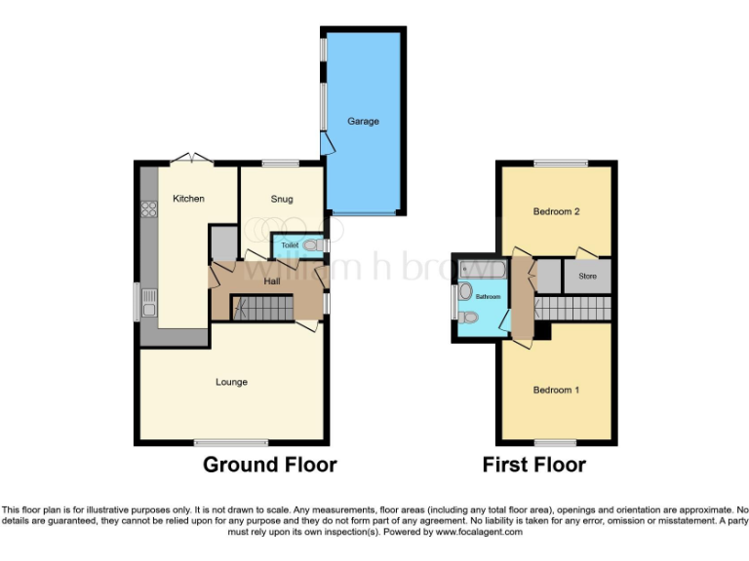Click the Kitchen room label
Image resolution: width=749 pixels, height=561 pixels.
[188, 199]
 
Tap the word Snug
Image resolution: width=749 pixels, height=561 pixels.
[281, 199]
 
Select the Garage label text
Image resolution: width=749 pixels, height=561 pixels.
[363, 122]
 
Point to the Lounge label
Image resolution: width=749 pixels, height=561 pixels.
[231, 382]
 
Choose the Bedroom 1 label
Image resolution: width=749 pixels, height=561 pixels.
[556, 391]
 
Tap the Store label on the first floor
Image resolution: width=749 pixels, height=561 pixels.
[587, 277]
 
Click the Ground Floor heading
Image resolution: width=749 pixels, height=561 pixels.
[269, 465]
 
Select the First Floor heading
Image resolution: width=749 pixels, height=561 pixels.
[533, 465]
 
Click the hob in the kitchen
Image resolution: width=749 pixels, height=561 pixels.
[149, 207]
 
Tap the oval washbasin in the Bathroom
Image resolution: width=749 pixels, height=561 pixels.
[465, 291]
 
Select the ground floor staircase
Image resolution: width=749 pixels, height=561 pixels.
[262, 309]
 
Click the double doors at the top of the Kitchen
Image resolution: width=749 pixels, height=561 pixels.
[188, 159]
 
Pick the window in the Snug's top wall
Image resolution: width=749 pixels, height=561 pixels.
[281, 162]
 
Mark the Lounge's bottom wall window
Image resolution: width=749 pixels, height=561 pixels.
[217, 442]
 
